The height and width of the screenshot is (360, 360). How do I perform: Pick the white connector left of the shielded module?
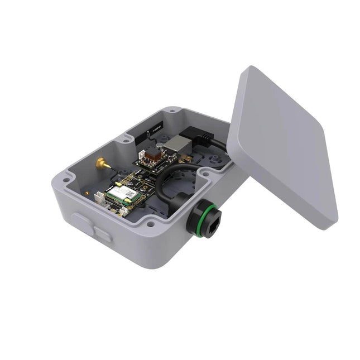(99, 198)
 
